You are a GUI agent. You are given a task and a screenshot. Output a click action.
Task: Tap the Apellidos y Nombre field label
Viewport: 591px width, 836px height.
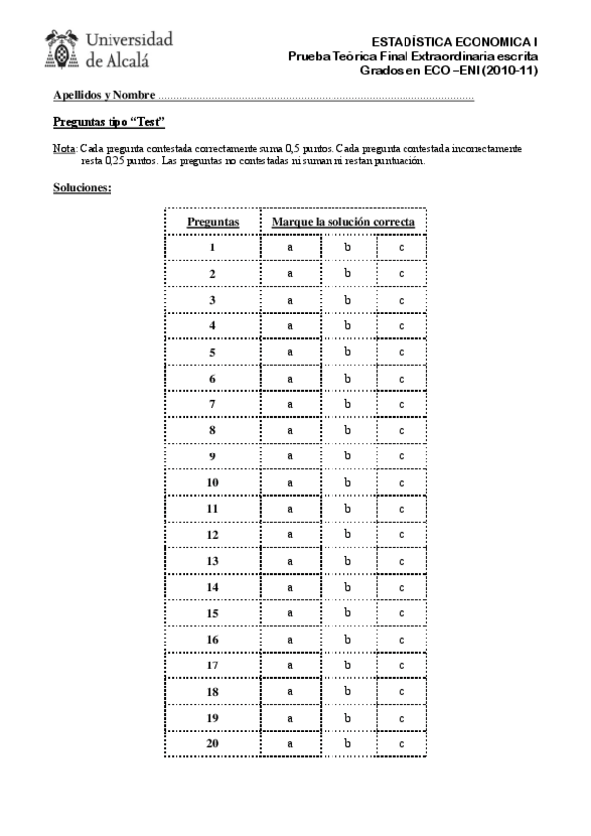[104, 96]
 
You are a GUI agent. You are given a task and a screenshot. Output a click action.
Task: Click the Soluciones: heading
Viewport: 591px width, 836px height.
[81, 186]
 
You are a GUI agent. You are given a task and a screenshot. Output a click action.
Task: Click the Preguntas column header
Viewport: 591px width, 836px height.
[213, 222]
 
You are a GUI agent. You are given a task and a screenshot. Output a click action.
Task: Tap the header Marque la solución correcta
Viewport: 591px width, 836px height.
[343, 222]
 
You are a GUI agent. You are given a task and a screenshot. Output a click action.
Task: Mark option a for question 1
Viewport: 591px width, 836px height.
[291, 247]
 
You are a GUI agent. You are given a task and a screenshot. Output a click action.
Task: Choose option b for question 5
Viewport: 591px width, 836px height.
[348, 351]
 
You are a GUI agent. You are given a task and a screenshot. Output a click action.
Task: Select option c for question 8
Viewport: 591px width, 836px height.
[402, 430]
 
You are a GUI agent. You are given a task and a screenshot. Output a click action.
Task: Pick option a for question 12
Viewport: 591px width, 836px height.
[291, 534]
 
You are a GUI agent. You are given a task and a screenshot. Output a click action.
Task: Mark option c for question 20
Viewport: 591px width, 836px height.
[402, 743]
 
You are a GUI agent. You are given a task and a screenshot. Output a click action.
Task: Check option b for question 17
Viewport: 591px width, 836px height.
[348, 664]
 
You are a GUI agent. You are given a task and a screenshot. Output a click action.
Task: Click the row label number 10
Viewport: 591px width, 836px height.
[212, 482]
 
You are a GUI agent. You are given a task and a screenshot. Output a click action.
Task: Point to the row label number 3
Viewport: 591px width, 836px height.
[212, 299]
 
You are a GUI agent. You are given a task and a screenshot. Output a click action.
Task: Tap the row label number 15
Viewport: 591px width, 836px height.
[212, 612]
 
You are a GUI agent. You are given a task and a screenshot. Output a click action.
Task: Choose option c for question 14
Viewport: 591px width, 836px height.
[402, 587]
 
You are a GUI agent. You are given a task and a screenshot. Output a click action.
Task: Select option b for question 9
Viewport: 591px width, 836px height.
[348, 455]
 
